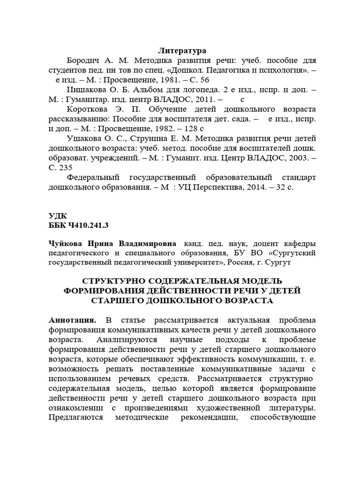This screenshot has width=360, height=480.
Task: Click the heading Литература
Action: [182, 50]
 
